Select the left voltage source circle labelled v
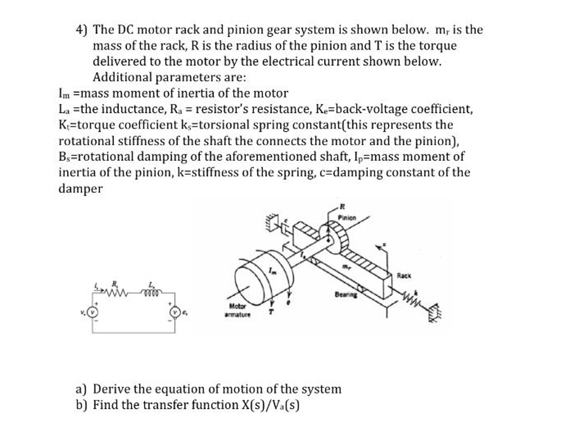tap(93, 312)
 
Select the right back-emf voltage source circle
tap(175, 312)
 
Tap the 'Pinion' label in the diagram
tap(347, 218)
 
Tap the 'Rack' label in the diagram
tap(404, 276)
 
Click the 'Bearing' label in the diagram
tap(346, 294)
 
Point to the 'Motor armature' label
tap(237, 310)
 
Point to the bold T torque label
tap(271, 312)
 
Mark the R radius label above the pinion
tap(342, 206)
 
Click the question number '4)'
tap(81, 30)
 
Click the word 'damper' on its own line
tap(80, 189)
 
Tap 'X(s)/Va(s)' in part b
tap(271, 405)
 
